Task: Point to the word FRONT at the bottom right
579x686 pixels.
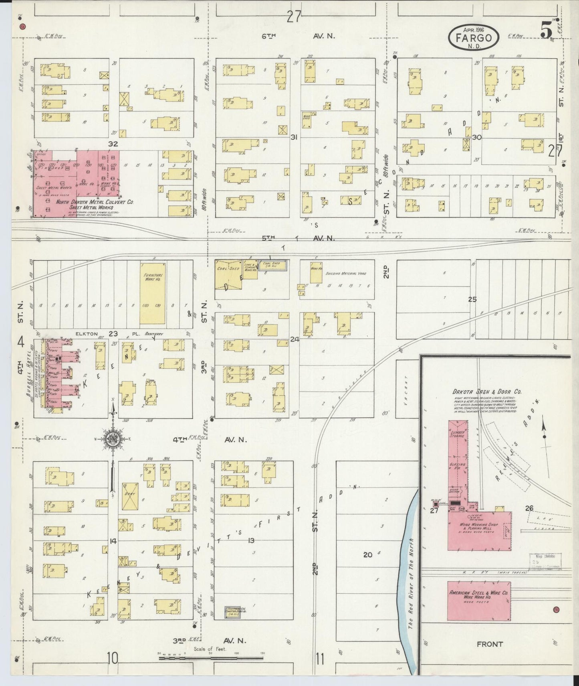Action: click(489, 644)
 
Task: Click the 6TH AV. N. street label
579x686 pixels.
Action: click(299, 36)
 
